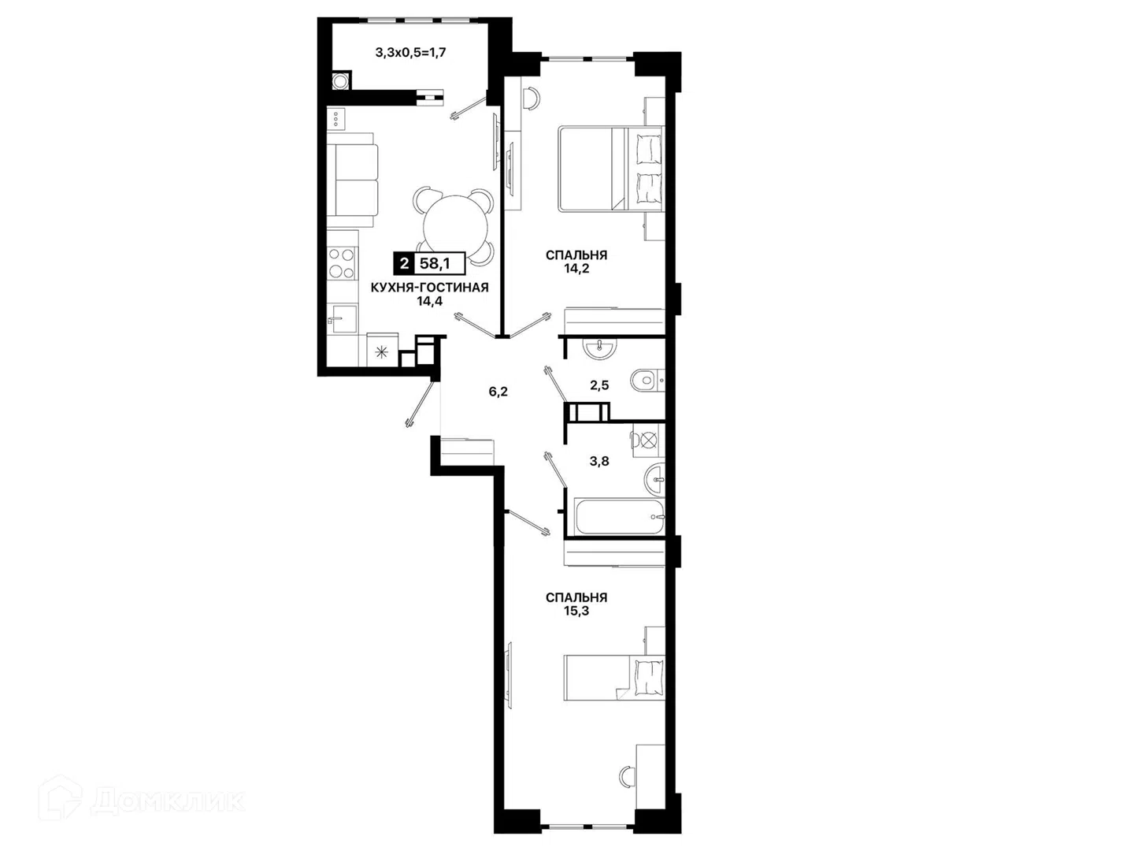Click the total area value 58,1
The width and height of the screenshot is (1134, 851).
point(435,263)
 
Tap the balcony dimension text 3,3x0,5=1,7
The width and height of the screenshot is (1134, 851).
point(411,52)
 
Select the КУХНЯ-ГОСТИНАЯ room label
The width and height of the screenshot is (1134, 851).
point(429,288)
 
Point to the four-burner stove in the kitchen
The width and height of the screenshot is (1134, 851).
point(342,263)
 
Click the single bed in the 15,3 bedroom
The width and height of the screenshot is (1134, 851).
point(614,678)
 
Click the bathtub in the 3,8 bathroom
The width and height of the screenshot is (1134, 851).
point(621,517)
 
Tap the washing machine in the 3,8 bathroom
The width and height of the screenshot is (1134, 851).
point(648,440)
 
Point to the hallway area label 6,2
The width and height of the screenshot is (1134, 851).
point(498,392)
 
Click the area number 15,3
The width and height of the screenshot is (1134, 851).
point(576,611)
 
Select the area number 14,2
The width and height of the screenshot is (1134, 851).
point(576,268)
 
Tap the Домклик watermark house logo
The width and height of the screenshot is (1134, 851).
point(60,797)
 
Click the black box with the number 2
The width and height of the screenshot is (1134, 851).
point(404,263)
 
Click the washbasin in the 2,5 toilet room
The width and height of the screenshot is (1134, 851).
point(599,347)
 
